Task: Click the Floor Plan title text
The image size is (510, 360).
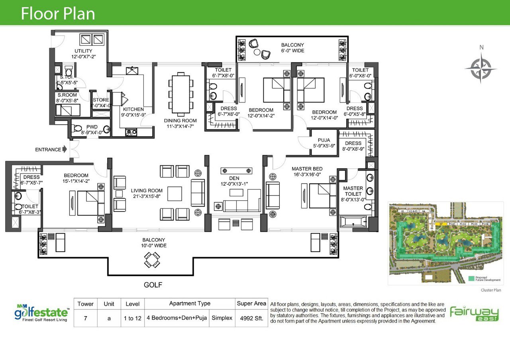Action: tap(58, 14)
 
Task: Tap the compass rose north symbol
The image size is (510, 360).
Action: tap(481, 68)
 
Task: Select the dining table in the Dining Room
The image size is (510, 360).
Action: tap(180, 93)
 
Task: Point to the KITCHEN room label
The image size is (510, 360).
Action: tap(133, 110)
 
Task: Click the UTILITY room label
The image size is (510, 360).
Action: tap(83, 51)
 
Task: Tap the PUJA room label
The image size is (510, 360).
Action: tap(324, 140)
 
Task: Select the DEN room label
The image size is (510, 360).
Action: tap(234, 178)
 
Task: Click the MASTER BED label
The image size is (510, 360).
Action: tap(307, 169)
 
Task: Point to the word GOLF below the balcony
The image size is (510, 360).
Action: tap(153, 285)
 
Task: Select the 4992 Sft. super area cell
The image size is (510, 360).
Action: tap(251, 319)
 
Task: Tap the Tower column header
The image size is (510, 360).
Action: tap(86, 304)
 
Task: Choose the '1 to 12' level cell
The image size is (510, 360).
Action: tap(133, 319)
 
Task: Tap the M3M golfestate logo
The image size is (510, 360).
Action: tap(41, 312)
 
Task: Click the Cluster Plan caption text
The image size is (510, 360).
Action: tap(490, 290)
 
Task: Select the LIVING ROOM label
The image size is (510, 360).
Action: tap(147, 190)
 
